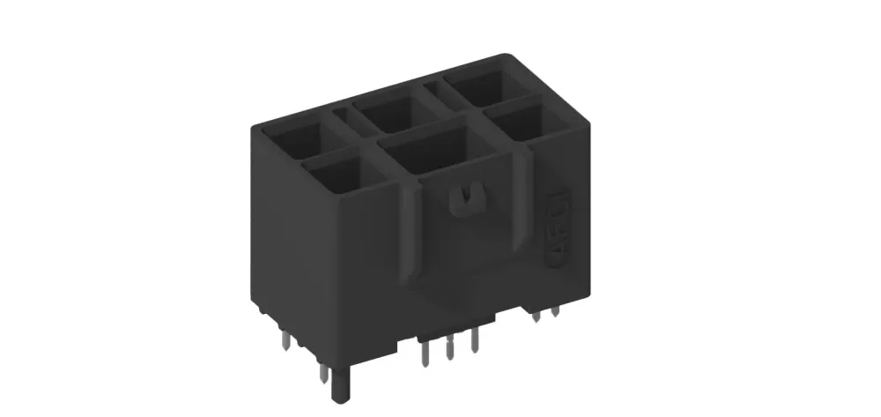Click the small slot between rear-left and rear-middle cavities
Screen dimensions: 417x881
[342, 115]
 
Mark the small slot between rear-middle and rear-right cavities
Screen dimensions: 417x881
[434, 88]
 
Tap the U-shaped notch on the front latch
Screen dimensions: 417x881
[463, 200]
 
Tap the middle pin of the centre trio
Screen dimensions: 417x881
[449, 349]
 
